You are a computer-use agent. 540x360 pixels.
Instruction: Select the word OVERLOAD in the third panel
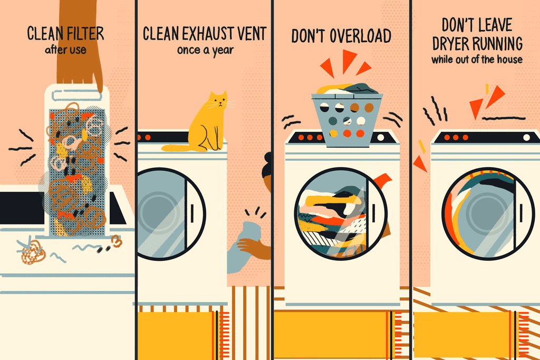coord(360,36)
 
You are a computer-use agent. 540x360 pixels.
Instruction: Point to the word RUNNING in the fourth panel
coord(497,44)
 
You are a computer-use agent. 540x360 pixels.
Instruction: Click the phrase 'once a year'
coord(205,50)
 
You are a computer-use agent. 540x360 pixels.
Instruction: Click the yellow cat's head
coord(218,100)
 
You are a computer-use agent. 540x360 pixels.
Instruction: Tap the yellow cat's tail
coord(176,148)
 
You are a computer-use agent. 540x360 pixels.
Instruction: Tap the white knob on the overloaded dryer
coord(381,138)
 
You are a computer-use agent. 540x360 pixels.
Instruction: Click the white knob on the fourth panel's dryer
coord(527,138)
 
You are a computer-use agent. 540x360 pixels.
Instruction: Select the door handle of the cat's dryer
coord(192,213)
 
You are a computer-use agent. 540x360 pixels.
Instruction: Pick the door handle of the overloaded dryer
coord(374,213)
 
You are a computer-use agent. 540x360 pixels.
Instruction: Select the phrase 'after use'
coord(65,50)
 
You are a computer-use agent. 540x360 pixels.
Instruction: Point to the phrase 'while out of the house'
coord(477,59)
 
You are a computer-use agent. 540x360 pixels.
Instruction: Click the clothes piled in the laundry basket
coord(347,89)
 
